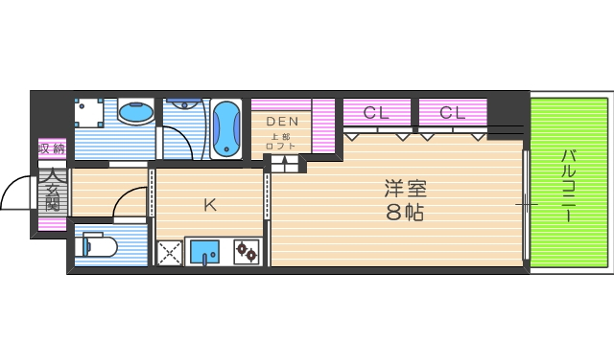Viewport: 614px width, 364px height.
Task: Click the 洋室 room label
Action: click(405, 189)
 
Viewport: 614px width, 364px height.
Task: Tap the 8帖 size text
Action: click(405, 213)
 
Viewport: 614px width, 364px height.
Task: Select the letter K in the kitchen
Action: click(209, 203)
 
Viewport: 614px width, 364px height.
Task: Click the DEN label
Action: click(282, 122)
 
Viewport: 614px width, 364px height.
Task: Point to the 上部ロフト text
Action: click(281, 141)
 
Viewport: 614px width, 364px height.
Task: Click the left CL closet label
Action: click(375, 113)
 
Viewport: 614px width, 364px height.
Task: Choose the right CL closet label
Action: click(452, 113)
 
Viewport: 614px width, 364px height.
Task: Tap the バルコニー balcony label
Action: click(568, 186)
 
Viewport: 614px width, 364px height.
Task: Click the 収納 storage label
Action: click(52, 148)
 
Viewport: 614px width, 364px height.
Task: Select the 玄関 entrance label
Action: click(54, 192)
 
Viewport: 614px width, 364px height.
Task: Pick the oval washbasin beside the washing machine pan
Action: click(135, 113)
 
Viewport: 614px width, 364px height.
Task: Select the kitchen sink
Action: click(204, 252)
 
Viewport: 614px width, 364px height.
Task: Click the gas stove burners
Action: click(247, 252)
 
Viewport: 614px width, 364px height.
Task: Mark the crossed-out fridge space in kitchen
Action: click(170, 253)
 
